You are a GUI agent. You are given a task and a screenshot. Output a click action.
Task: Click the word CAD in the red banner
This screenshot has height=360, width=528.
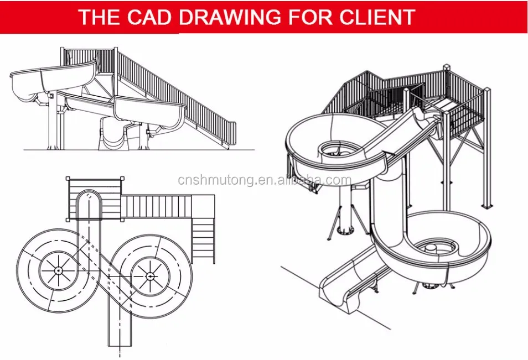[149, 17]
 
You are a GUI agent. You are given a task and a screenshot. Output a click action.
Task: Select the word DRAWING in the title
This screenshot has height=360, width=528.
[230, 17]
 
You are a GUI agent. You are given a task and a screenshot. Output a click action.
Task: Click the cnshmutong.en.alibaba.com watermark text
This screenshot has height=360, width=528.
[265, 180]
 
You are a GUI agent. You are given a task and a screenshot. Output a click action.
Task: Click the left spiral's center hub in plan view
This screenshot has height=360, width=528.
[58, 270]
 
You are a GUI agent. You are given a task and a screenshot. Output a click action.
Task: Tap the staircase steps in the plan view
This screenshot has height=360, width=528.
[203, 240]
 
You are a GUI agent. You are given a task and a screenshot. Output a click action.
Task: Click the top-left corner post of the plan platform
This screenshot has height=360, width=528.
[68, 178]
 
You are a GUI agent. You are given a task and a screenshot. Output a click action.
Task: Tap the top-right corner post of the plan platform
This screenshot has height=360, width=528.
[122, 178]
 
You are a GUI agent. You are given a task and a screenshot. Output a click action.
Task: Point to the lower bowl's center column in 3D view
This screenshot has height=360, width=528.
[431, 249]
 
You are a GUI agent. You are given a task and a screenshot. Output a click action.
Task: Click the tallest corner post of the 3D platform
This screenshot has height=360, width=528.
[446, 134]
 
